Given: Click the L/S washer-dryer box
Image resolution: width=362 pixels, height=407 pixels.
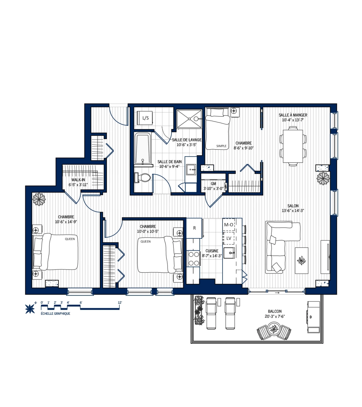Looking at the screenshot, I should click(x=145, y=118).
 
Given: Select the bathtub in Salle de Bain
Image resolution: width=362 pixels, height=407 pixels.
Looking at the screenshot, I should click(x=142, y=149).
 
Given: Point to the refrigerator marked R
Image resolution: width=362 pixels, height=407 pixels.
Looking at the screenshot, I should click(x=194, y=228).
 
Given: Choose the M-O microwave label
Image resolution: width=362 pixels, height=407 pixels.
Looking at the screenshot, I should click(x=229, y=225).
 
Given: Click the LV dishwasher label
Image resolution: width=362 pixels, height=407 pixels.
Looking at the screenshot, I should click(x=229, y=238).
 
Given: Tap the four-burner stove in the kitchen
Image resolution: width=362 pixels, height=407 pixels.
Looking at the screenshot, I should click(x=194, y=259).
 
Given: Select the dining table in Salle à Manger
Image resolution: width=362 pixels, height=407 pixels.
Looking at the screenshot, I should click(x=293, y=146).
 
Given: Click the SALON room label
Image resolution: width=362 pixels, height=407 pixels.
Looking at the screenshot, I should click(x=293, y=206).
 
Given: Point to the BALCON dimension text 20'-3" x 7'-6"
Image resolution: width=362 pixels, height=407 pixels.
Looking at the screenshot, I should click(x=275, y=317).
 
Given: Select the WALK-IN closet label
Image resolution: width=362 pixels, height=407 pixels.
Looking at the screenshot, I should click(x=78, y=180).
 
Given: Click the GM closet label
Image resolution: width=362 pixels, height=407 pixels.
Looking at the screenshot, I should click(x=213, y=184).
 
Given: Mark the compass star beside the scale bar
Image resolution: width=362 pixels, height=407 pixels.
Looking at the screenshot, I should click(x=30, y=308).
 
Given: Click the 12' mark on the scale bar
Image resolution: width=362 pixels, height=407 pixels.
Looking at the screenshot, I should click(x=120, y=303).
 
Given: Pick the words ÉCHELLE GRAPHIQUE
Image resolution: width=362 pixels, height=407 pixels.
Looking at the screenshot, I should click(x=56, y=314).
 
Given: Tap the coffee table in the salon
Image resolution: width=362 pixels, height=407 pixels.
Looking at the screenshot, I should click(x=301, y=260).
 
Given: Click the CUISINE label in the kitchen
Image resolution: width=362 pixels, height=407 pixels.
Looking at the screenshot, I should click(x=212, y=251).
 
